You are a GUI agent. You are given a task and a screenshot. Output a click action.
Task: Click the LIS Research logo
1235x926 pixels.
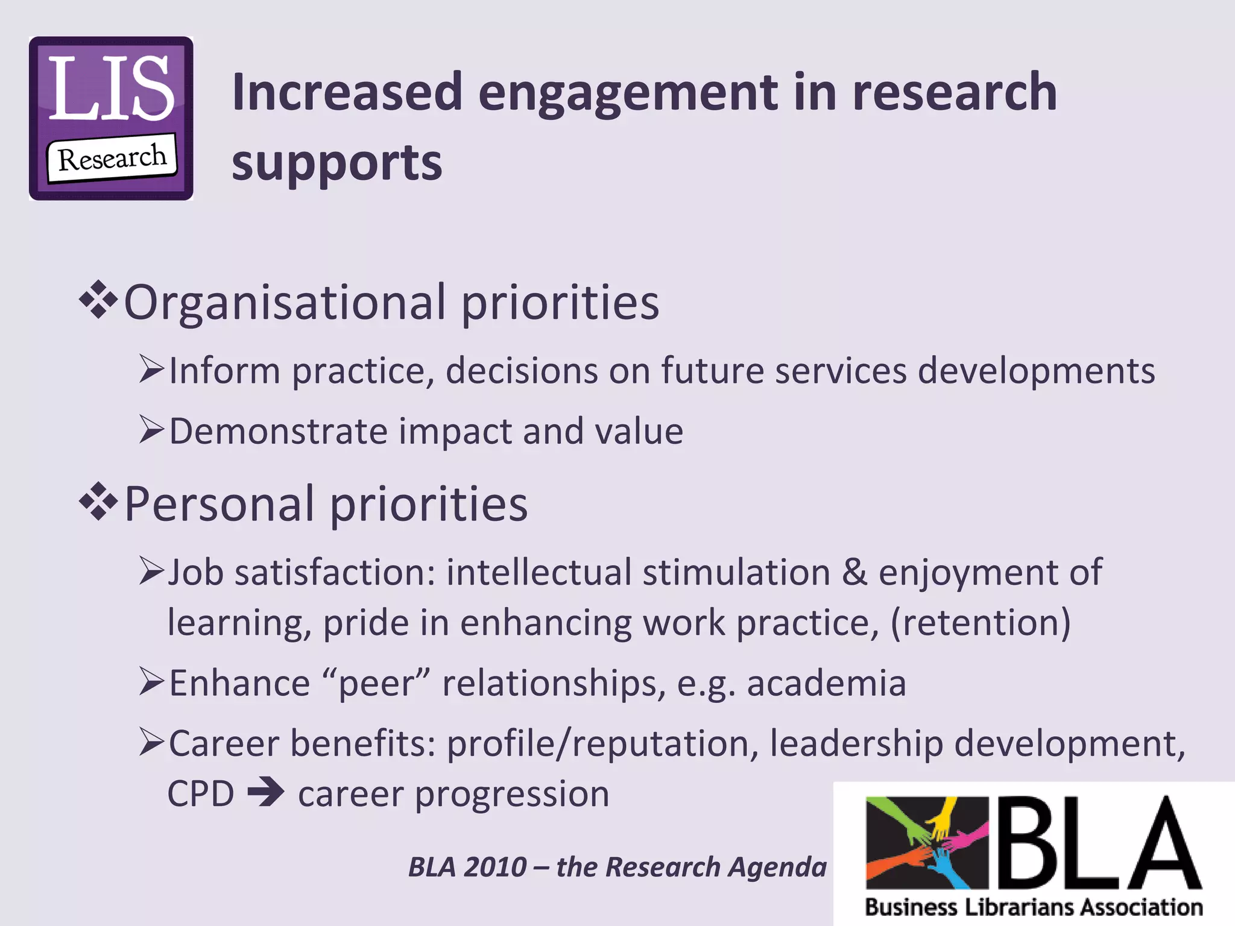tap(112, 118)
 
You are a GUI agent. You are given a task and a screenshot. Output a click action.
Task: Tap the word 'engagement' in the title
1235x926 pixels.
tap(628, 93)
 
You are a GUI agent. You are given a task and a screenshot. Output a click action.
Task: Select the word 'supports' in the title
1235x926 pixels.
tap(336, 163)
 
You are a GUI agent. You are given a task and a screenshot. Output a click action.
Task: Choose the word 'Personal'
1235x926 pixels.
tap(219, 504)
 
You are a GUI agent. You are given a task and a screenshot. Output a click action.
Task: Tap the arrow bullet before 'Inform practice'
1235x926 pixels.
tap(151, 369)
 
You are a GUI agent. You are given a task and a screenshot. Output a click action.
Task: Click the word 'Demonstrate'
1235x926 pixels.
tap(278, 432)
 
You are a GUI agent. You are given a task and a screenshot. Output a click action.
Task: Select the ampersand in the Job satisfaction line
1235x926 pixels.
tap(854, 572)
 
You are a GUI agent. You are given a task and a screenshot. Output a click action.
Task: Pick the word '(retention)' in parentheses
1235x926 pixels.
tap(981, 622)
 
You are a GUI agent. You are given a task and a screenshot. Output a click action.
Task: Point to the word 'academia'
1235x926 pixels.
tap(826, 684)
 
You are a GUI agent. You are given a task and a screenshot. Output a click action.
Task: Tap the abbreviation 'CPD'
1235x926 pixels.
tap(201, 793)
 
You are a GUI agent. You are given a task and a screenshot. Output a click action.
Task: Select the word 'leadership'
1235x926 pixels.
tap(856, 743)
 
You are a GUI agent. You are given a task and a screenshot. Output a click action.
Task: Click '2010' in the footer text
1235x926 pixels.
tap(496, 867)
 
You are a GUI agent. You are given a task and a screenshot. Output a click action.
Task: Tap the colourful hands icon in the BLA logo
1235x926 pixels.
tap(927, 843)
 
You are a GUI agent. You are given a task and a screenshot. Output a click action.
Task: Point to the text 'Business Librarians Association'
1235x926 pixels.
tap(1034, 907)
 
